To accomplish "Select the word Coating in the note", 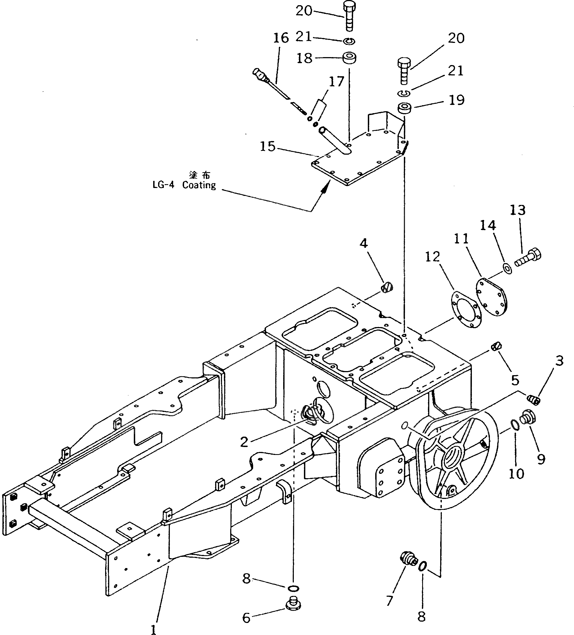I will coord(199,185).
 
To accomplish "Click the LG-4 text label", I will coord(163,185).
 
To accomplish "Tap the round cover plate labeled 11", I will coord(492,296).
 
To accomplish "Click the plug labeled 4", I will coord(387,287).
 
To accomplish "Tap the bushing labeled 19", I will coord(405,108).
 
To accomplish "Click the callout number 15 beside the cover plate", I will coord(268,146).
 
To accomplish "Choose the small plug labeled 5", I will coord(496,346).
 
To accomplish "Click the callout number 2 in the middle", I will coord(244,443).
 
